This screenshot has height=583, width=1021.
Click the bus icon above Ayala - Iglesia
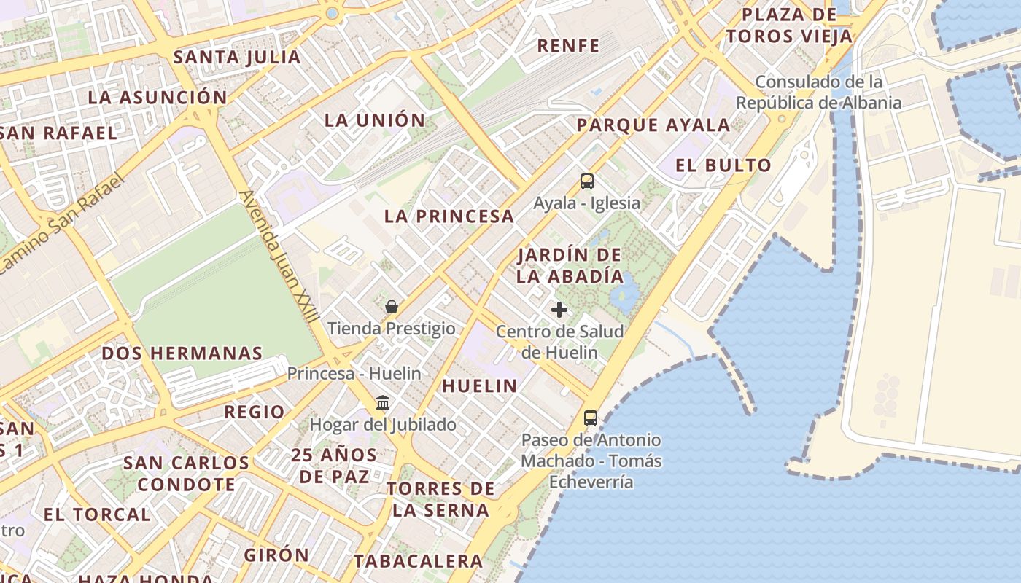click(587, 181)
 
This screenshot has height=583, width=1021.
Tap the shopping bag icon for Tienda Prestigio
click(392, 307)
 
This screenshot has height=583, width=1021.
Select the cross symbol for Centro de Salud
click(559, 310)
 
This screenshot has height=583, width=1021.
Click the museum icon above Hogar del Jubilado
click(383, 402)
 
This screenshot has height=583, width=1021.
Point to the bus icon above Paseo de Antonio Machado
click(591, 418)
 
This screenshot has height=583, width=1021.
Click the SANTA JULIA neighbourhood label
click(237, 57)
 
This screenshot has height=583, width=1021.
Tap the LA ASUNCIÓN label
click(158, 97)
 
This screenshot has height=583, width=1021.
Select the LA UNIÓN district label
click(375, 120)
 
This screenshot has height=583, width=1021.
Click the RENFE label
click(568, 45)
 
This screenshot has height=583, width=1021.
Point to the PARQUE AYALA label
click(653, 125)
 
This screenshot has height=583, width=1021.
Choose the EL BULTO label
click(723, 165)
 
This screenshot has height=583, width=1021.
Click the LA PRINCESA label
click(449, 216)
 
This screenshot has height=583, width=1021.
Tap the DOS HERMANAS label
click(182, 353)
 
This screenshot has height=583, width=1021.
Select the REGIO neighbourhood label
click(255, 412)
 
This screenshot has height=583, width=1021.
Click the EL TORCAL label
click(97, 514)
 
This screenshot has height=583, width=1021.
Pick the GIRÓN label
click(276, 555)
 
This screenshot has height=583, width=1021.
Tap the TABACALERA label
click(419, 561)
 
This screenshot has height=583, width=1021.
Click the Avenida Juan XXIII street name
click(279, 255)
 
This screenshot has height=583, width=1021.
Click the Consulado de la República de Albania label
click(818, 93)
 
